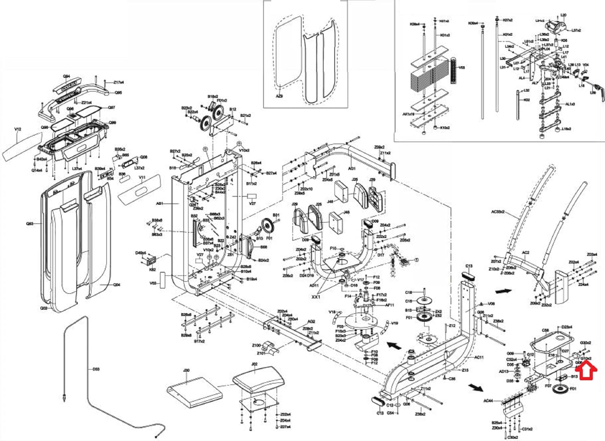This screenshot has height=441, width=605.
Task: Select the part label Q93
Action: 30,224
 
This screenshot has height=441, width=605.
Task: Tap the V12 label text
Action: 18,130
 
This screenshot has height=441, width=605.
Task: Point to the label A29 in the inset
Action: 279,96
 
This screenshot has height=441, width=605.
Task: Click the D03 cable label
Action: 96,369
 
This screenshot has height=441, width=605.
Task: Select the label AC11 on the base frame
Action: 479,357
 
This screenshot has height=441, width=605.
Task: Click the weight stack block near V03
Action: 429,78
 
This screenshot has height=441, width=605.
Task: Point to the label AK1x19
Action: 408,114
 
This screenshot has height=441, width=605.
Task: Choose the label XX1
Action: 316,297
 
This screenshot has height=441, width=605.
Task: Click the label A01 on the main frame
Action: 160,204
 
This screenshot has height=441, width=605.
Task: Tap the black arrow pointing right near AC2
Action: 503,291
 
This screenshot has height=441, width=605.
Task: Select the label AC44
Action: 488,401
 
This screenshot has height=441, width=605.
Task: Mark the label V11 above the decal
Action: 142,178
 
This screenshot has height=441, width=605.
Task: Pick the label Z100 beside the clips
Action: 257,345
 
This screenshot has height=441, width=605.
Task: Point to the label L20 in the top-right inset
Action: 563,15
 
